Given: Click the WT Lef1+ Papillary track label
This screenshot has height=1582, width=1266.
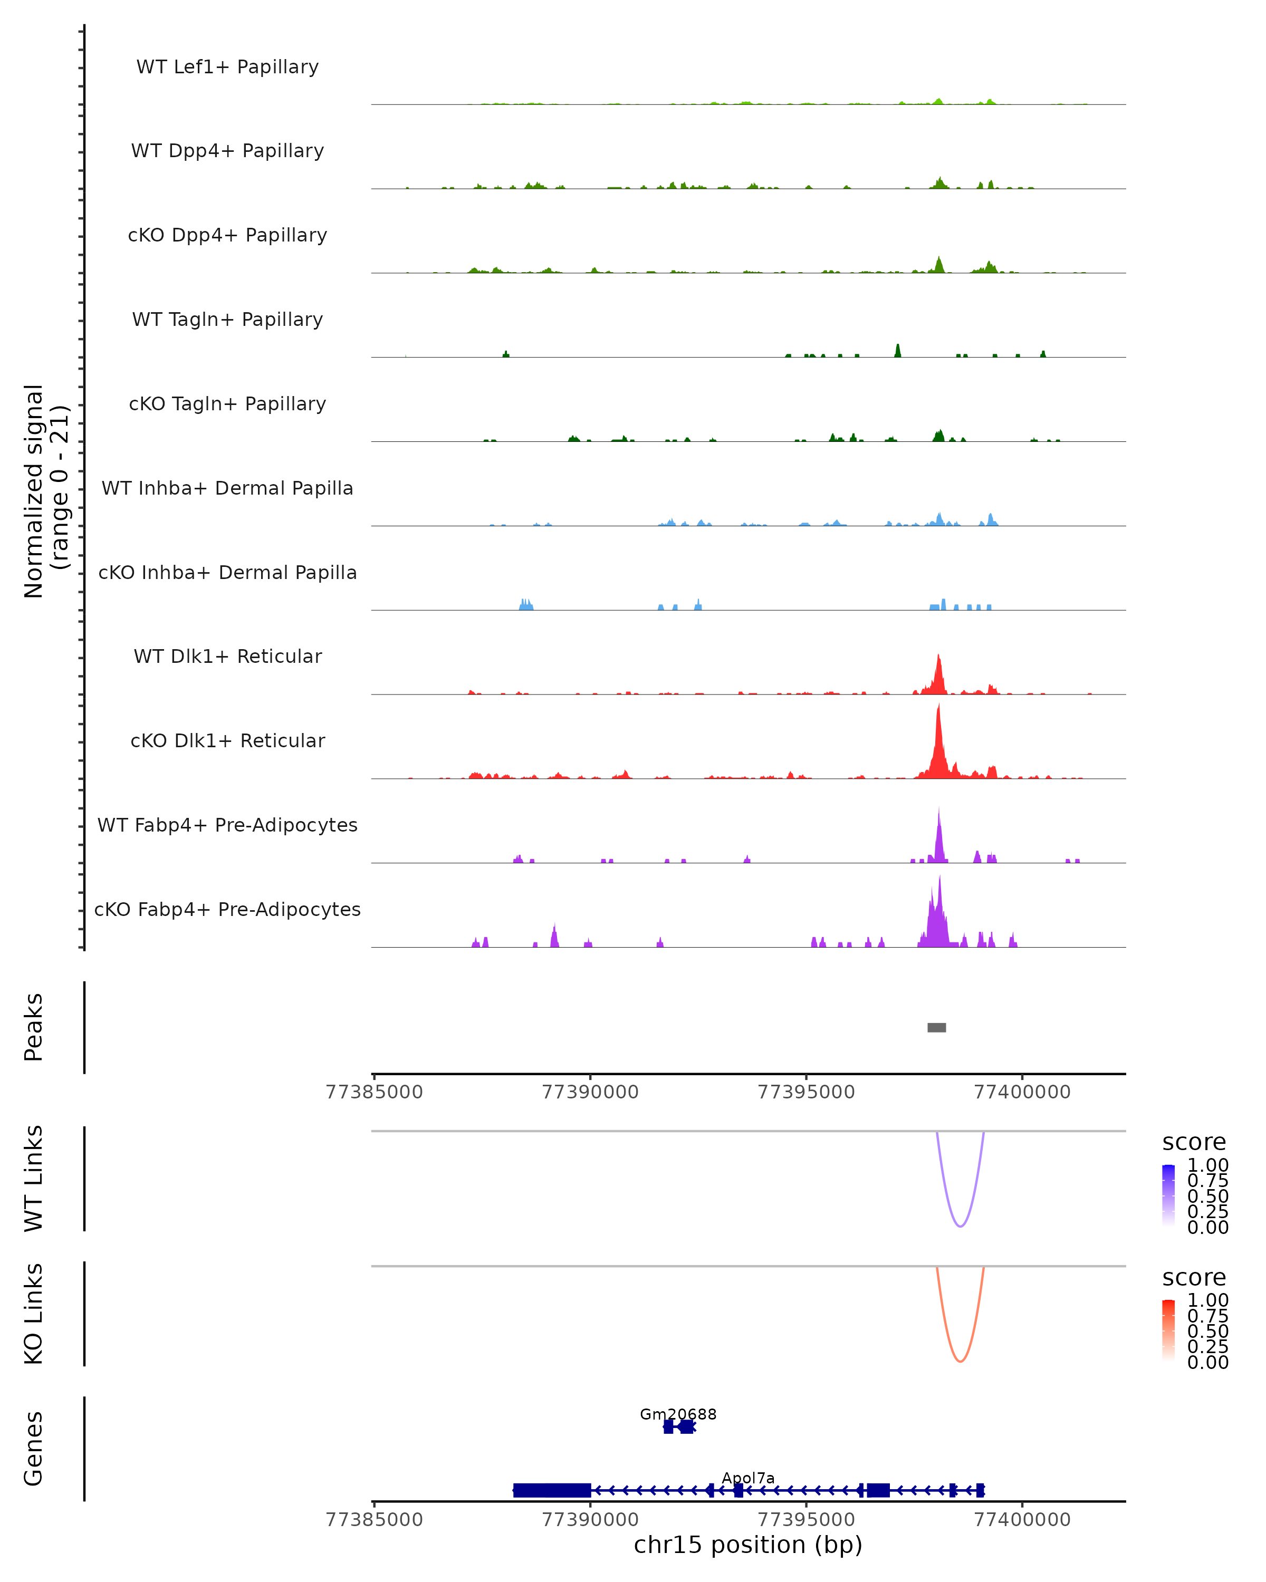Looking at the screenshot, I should (227, 67).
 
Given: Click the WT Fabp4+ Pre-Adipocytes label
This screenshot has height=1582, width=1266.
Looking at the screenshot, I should (227, 825).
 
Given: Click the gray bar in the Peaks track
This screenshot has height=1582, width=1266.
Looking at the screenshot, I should (936, 1027).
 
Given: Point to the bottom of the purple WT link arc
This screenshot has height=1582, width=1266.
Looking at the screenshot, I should (960, 1226).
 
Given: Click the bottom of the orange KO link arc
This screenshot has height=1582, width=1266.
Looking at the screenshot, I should (960, 1361).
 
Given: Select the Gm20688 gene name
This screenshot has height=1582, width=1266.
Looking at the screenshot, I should (678, 1414).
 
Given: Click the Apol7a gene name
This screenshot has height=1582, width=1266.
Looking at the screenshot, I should (748, 1478).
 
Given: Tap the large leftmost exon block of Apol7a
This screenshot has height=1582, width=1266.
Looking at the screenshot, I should (552, 1490).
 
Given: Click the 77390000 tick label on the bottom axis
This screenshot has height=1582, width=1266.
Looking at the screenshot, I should (590, 1520).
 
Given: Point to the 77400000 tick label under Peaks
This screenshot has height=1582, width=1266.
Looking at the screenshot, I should (1022, 1092).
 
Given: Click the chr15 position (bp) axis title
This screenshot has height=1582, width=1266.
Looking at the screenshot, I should (748, 1545).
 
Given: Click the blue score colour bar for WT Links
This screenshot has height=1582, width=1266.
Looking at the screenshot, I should (1168, 1195).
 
